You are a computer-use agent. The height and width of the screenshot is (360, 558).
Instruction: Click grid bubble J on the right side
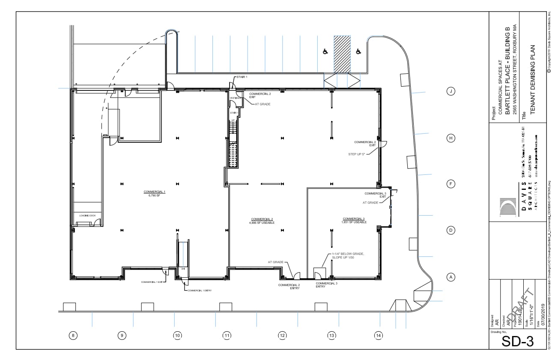tap(451, 91)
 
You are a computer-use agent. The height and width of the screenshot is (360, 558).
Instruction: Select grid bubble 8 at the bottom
tap(73, 336)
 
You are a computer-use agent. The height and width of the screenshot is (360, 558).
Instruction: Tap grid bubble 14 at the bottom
tap(378, 336)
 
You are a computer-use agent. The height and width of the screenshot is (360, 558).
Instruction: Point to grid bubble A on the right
tap(451, 277)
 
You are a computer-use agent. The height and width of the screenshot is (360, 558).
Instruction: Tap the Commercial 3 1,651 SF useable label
tap(354, 221)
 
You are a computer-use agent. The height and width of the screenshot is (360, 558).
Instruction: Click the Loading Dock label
tap(87, 215)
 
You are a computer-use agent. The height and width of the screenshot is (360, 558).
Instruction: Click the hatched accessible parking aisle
tap(342, 54)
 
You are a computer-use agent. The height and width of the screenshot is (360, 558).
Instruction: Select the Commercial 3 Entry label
tap(326, 285)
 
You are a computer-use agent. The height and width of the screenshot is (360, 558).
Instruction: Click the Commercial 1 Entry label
tap(200, 291)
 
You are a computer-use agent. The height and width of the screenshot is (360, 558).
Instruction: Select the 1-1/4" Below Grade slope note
tap(347, 256)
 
